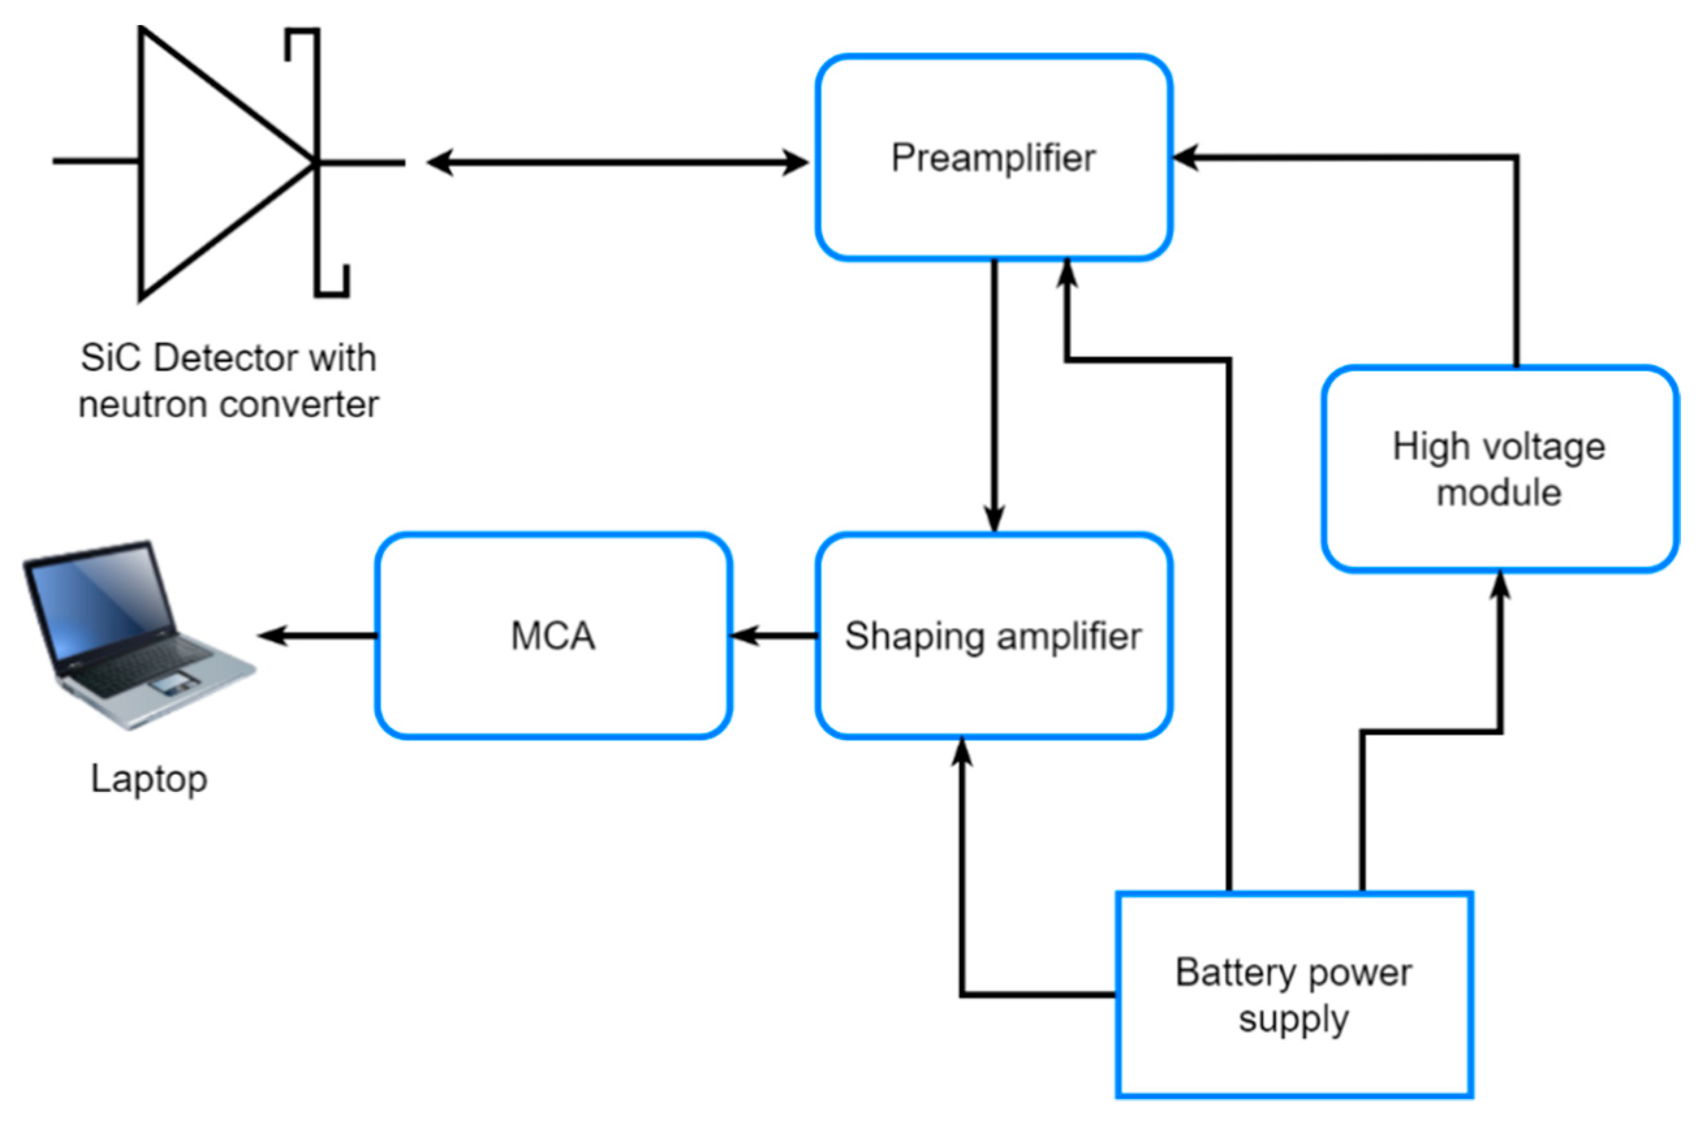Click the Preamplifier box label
tap(994, 158)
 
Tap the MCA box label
tap(553, 636)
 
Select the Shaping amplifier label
tap(994, 636)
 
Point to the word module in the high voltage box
tap(1499, 493)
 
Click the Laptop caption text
tap(149, 780)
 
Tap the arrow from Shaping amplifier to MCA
tap(773, 636)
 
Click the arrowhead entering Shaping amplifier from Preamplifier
tap(994, 519)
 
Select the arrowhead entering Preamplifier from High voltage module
tap(1186, 156)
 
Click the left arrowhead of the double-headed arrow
tap(440, 163)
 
